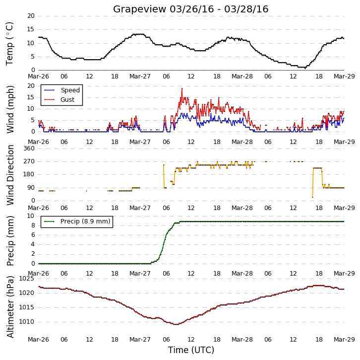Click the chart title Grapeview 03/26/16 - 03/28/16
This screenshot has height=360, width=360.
(x=190, y=9)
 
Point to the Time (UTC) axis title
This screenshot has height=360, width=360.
(x=191, y=350)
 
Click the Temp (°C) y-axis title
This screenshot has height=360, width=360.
(x=9, y=44)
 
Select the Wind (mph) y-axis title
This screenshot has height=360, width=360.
(x=10, y=109)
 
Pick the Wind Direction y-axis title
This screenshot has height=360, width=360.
(x=10, y=175)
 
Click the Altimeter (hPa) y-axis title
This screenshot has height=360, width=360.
(x=10, y=307)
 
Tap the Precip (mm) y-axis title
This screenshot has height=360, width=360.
(x=10, y=241)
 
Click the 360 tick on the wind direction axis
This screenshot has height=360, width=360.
(x=29, y=148)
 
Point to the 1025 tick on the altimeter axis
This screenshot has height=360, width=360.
(x=26, y=279)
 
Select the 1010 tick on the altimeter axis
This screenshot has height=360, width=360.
(x=26, y=322)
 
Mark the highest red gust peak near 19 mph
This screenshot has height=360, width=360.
(x=182, y=88)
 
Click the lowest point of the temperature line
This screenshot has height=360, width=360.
(x=305, y=69)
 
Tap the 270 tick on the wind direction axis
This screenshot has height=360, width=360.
(x=29, y=161)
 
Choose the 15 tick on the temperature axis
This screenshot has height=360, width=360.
(x=31, y=29)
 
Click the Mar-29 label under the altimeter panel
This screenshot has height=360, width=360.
(x=344, y=340)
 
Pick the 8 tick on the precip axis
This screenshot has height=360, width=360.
(x=33, y=225)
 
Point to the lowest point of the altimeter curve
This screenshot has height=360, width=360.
(x=176, y=324)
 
